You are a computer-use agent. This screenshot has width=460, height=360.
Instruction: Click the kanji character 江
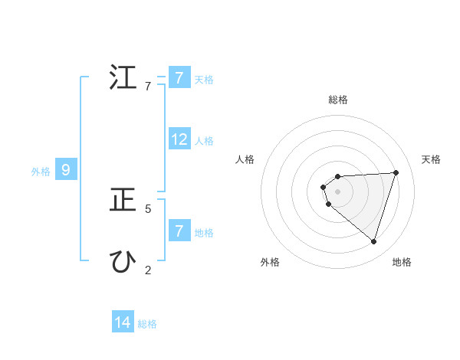123,79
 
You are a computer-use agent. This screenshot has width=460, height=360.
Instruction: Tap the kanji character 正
123,201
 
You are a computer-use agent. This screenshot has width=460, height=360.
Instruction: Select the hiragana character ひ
123,262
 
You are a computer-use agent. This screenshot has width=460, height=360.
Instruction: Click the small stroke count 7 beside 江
148,87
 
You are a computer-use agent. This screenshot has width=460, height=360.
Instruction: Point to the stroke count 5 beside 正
148,208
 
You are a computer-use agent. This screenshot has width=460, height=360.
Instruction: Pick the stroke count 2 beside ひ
148,270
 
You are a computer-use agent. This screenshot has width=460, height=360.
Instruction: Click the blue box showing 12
179,139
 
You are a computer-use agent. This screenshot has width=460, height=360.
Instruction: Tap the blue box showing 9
66,170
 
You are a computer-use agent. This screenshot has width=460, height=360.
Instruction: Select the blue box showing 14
123,322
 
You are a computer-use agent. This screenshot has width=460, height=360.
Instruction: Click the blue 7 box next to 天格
179,78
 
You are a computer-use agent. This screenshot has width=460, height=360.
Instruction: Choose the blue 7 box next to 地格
179,231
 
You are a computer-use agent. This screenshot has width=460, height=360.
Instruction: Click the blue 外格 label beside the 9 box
41,172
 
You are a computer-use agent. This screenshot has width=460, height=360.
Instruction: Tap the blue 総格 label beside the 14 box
147,324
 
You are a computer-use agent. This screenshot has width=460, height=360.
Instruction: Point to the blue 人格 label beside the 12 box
204,141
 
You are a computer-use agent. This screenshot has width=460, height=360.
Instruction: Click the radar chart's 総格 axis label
338,100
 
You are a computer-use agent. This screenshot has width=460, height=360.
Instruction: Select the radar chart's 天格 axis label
431,159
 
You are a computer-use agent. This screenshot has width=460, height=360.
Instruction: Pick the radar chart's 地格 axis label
402,263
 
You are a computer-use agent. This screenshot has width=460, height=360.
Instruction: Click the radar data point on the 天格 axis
396,172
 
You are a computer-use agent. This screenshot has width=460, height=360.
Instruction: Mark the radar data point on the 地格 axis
373,241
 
